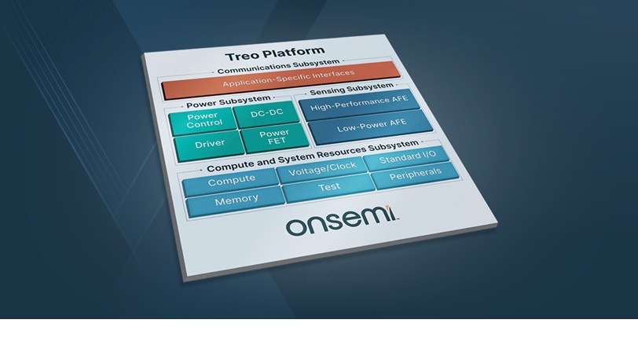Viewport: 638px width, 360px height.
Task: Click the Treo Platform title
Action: click(x=275, y=53)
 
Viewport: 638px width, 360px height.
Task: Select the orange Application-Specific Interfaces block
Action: click(x=281, y=80)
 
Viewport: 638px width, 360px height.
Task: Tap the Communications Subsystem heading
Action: click(x=278, y=66)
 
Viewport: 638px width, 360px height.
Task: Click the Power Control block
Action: click(x=203, y=121)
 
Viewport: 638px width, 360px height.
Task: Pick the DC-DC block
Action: click(x=267, y=114)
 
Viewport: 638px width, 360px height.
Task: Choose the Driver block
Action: click(x=209, y=145)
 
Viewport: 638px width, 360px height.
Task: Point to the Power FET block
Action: click(x=275, y=138)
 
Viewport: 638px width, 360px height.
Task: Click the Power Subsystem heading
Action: click(x=229, y=102)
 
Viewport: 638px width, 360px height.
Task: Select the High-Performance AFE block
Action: click(x=360, y=105)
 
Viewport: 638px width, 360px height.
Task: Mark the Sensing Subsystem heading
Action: click(x=351, y=89)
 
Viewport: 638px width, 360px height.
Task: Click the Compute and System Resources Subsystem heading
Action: click(x=313, y=156)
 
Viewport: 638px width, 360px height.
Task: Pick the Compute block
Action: click(x=231, y=182)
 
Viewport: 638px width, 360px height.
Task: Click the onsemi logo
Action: click(x=342, y=221)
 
